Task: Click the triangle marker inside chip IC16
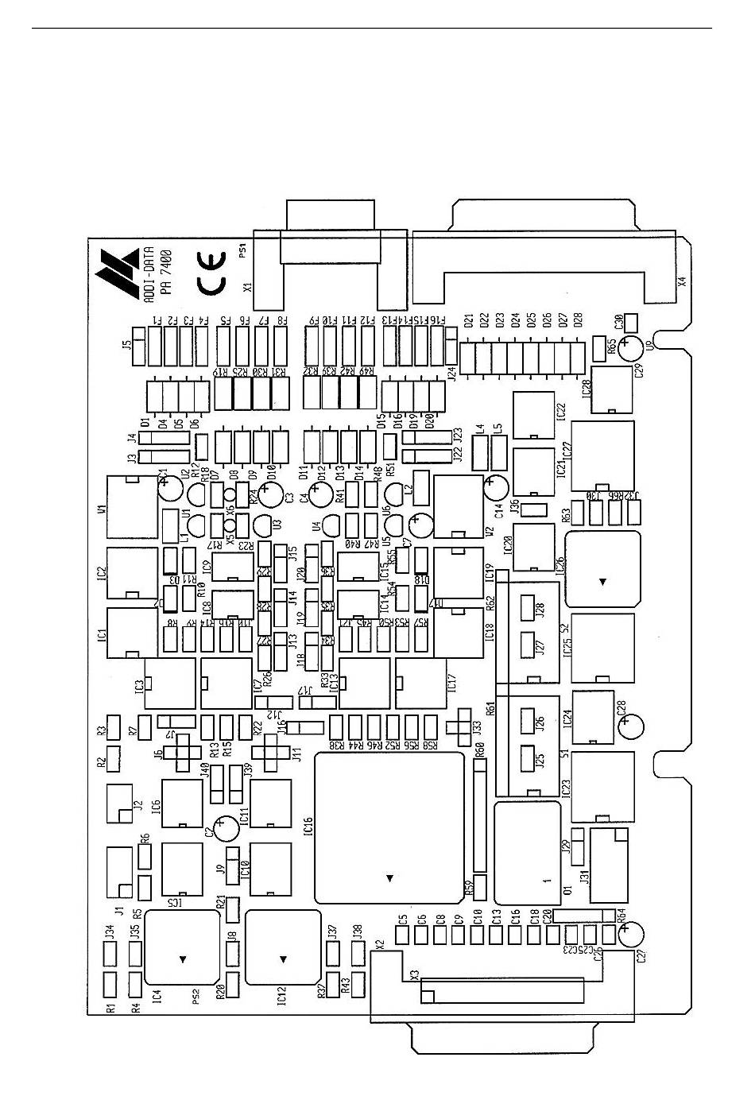[x=389, y=878]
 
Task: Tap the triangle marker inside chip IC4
[x=184, y=959]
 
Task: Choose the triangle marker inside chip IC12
[x=282, y=959]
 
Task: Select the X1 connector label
[x=247, y=286]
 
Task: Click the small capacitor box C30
[x=631, y=323]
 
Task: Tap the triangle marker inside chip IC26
[x=602, y=582]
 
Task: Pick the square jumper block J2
[x=120, y=804]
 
